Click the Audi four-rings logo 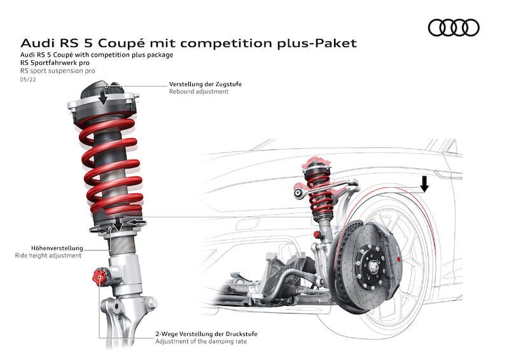pos(453,27)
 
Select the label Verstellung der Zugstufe pos(205,84)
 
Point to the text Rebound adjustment pos(199,92)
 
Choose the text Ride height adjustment pos(48,256)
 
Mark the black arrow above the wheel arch pos(424,183)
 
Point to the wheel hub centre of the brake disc pos(369,257)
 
